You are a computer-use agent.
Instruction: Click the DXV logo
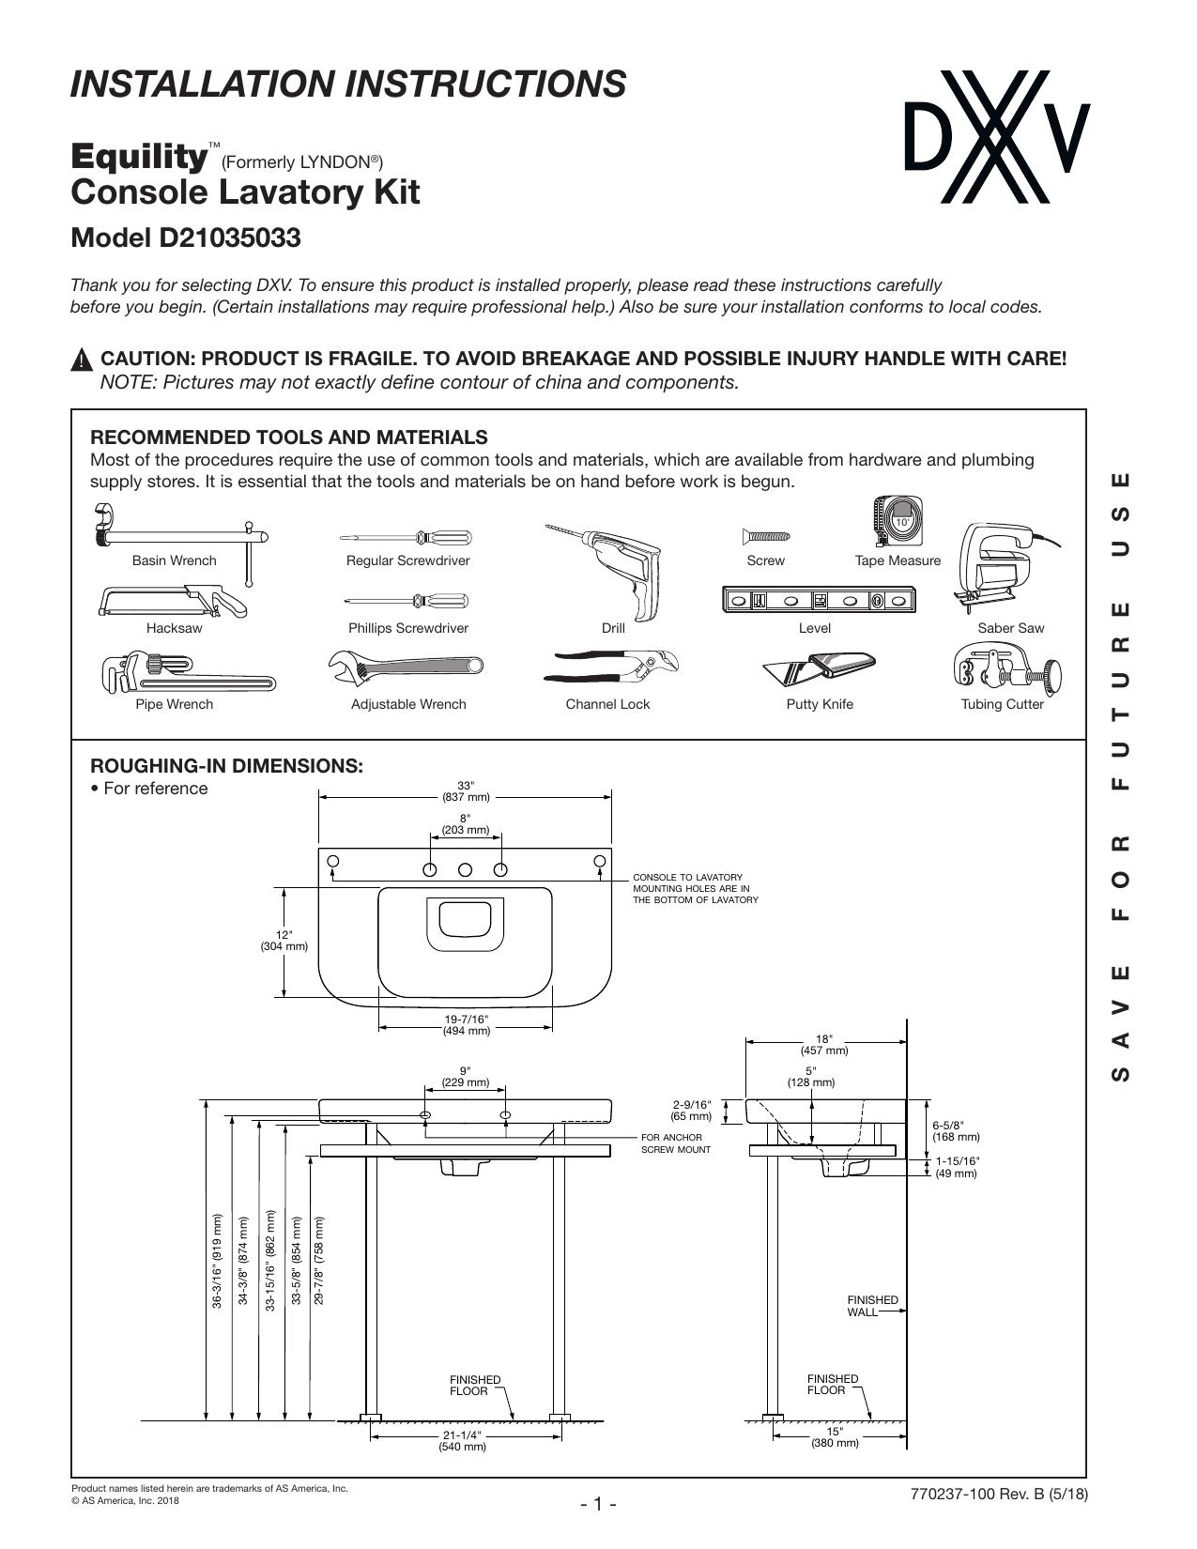[x=997, y=137]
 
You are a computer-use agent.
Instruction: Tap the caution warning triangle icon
[x=82, y=360]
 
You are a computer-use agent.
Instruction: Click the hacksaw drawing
[x=174, y=602]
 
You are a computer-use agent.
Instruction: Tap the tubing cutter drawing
[x=1006, y=667]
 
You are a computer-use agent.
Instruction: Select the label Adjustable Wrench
[x=408, y=704]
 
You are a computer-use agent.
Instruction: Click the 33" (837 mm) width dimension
[x=466, y=791]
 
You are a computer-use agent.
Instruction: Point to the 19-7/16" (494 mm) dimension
[x=467, y=1025]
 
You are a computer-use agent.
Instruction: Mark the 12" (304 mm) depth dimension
[x=284, y=941]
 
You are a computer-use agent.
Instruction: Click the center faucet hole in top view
[x=465, y=869]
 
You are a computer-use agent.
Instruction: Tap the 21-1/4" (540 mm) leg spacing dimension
[x=462, y=1441]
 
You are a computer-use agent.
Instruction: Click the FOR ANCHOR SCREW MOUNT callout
[x=675, y=1143]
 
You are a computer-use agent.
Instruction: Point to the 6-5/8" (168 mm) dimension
[x=956, y=1131]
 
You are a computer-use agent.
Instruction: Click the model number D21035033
[x=185, y=238]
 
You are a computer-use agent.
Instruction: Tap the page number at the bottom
[x=598, y=1504]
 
